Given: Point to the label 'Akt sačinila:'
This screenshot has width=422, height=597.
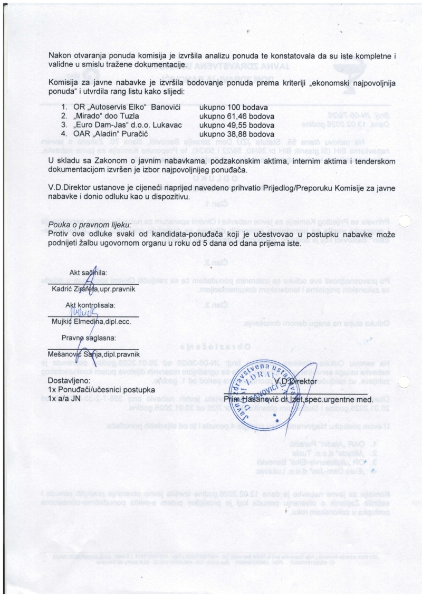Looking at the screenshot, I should [88, 273].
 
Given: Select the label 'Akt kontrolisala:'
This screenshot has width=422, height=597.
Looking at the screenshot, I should [90, 305].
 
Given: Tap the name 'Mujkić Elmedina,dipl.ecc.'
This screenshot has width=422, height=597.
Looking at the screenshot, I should [91, 321].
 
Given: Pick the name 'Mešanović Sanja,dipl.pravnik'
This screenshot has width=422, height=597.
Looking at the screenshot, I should [95, 353].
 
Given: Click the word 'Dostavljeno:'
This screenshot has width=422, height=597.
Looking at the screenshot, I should [69, 380].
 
